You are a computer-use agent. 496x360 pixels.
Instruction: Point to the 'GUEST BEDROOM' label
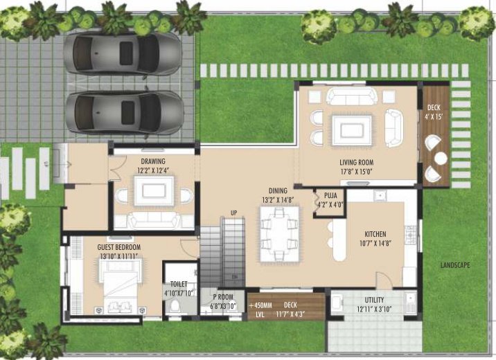(x=109, y=247)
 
